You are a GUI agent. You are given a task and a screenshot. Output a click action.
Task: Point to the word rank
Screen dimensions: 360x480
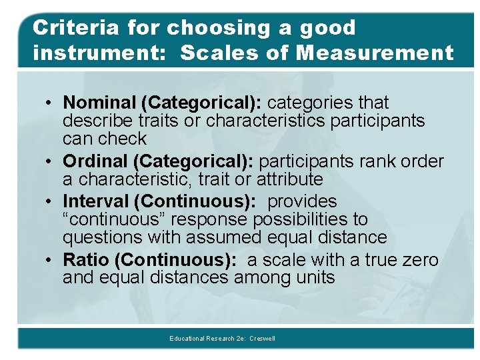(x=377, y=162)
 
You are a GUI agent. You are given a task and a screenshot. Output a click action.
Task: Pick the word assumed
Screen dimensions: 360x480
(x=215, y=237)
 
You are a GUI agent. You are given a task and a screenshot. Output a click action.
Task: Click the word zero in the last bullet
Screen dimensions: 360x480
(x=418, y=260)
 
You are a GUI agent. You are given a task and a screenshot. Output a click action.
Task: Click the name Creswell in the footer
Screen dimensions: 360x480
(x=262, y=339)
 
